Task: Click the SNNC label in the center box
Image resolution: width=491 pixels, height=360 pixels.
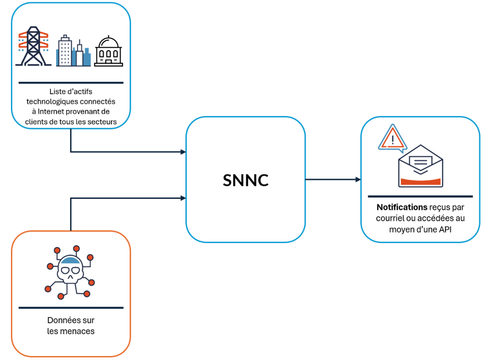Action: pyautogui.click(x=245, y=180)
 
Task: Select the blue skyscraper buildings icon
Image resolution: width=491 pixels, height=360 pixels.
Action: pyautogui.click(x=73, y=51)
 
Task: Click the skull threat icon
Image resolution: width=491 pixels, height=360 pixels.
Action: pyautogui.click(x=70, y=272)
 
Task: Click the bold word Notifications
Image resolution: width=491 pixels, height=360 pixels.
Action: pyautogui.click(x=401, y=207)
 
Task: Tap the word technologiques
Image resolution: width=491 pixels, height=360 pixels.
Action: pyautogui.click(x=57, y=102)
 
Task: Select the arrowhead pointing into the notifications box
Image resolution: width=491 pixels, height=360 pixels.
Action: pyautogui.click(x=358, y=179)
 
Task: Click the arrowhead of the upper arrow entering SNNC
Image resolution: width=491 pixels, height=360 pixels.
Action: pyautogui.click(x=183, y=152)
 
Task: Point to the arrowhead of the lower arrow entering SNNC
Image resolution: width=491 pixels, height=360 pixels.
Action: pyautogui.click(x=183, y=198)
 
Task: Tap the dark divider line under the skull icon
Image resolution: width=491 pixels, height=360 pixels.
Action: pyautogui.click(x=71, y=308)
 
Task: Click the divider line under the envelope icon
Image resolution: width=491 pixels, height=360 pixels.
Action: pyautogui.click(x=420, y=196)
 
